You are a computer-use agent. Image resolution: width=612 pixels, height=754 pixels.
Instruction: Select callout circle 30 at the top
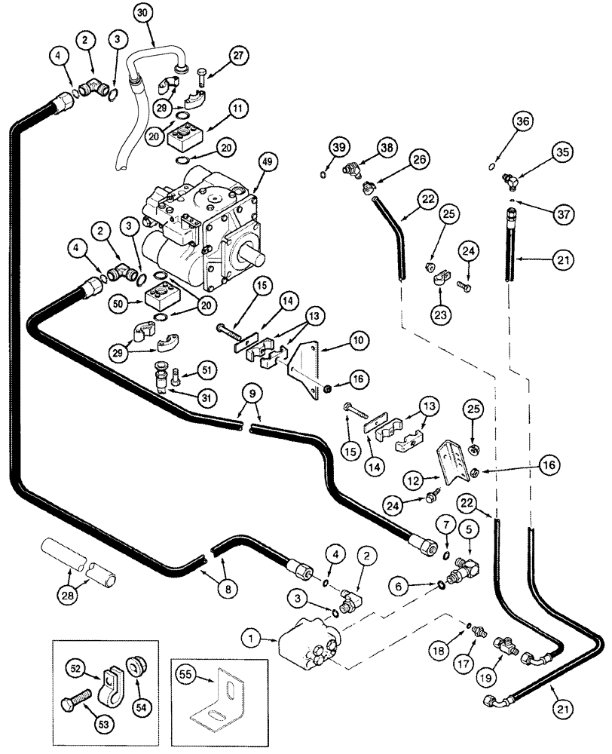[143, 11]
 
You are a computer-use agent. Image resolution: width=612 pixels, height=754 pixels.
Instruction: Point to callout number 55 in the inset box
[185, 667]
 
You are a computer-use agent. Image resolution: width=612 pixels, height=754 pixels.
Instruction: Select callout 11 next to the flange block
[239, 109]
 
